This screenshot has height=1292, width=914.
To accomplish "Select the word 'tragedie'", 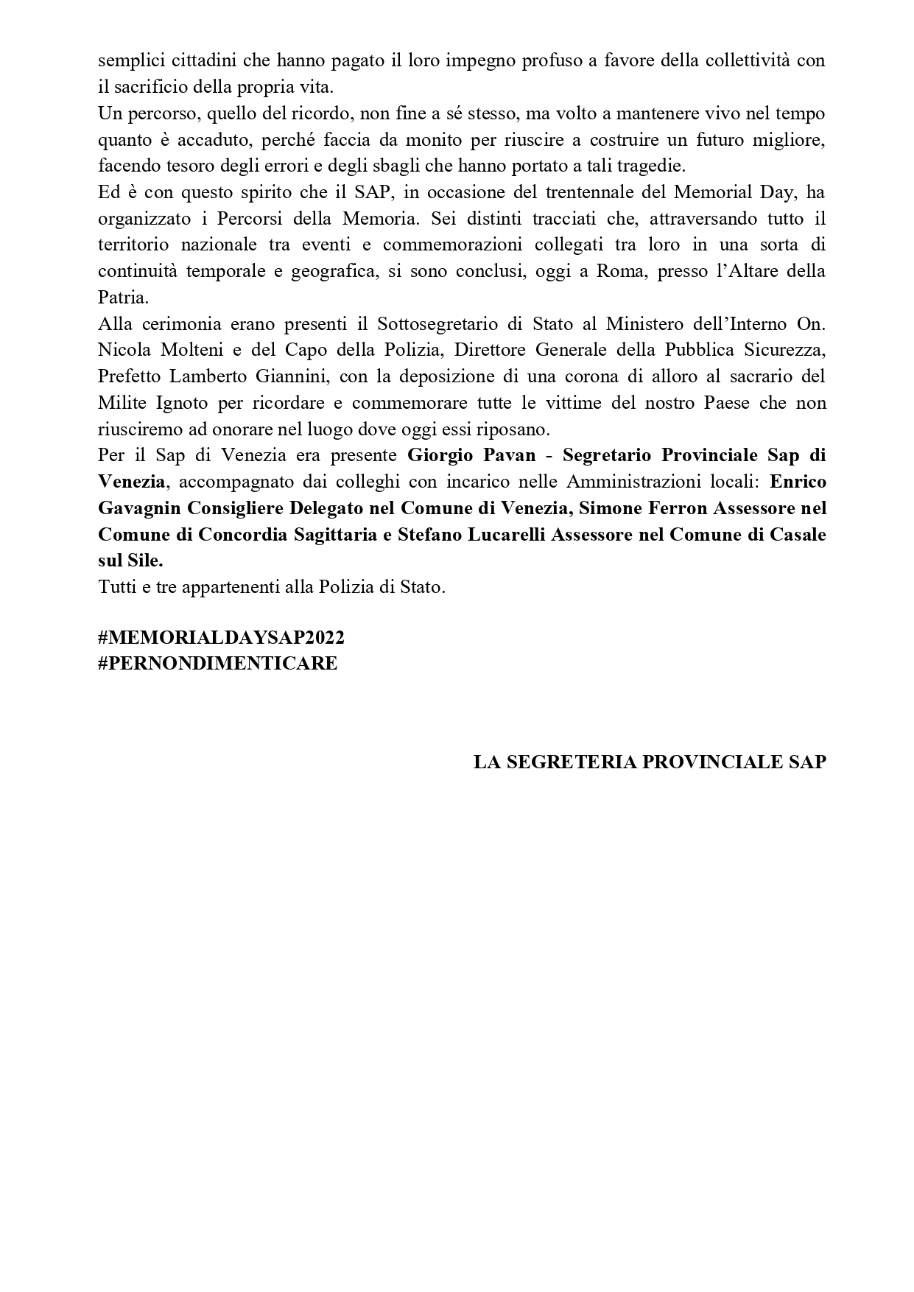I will pyautogui.click(x=654, y=166).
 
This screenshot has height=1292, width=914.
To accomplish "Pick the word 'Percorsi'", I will pyautogui.click(x=247, y=219).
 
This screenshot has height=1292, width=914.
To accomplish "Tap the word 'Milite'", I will pyautogui.click(x=122, y=403).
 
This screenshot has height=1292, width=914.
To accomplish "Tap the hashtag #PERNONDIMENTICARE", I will pyautogui.click(x=218, y=663).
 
